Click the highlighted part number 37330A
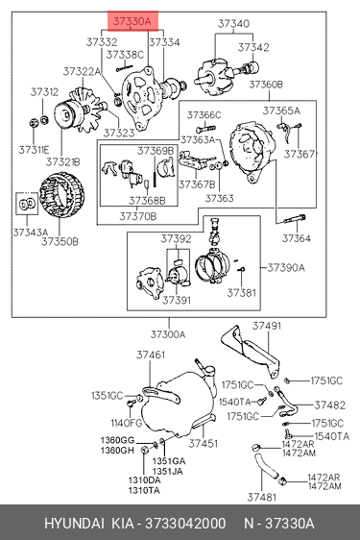pos(132,21)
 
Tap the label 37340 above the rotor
pos(233,24)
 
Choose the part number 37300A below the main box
pos(168,334)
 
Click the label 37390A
pos(286,267)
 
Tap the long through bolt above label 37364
pos(295,219)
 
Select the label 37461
pos(151,355)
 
